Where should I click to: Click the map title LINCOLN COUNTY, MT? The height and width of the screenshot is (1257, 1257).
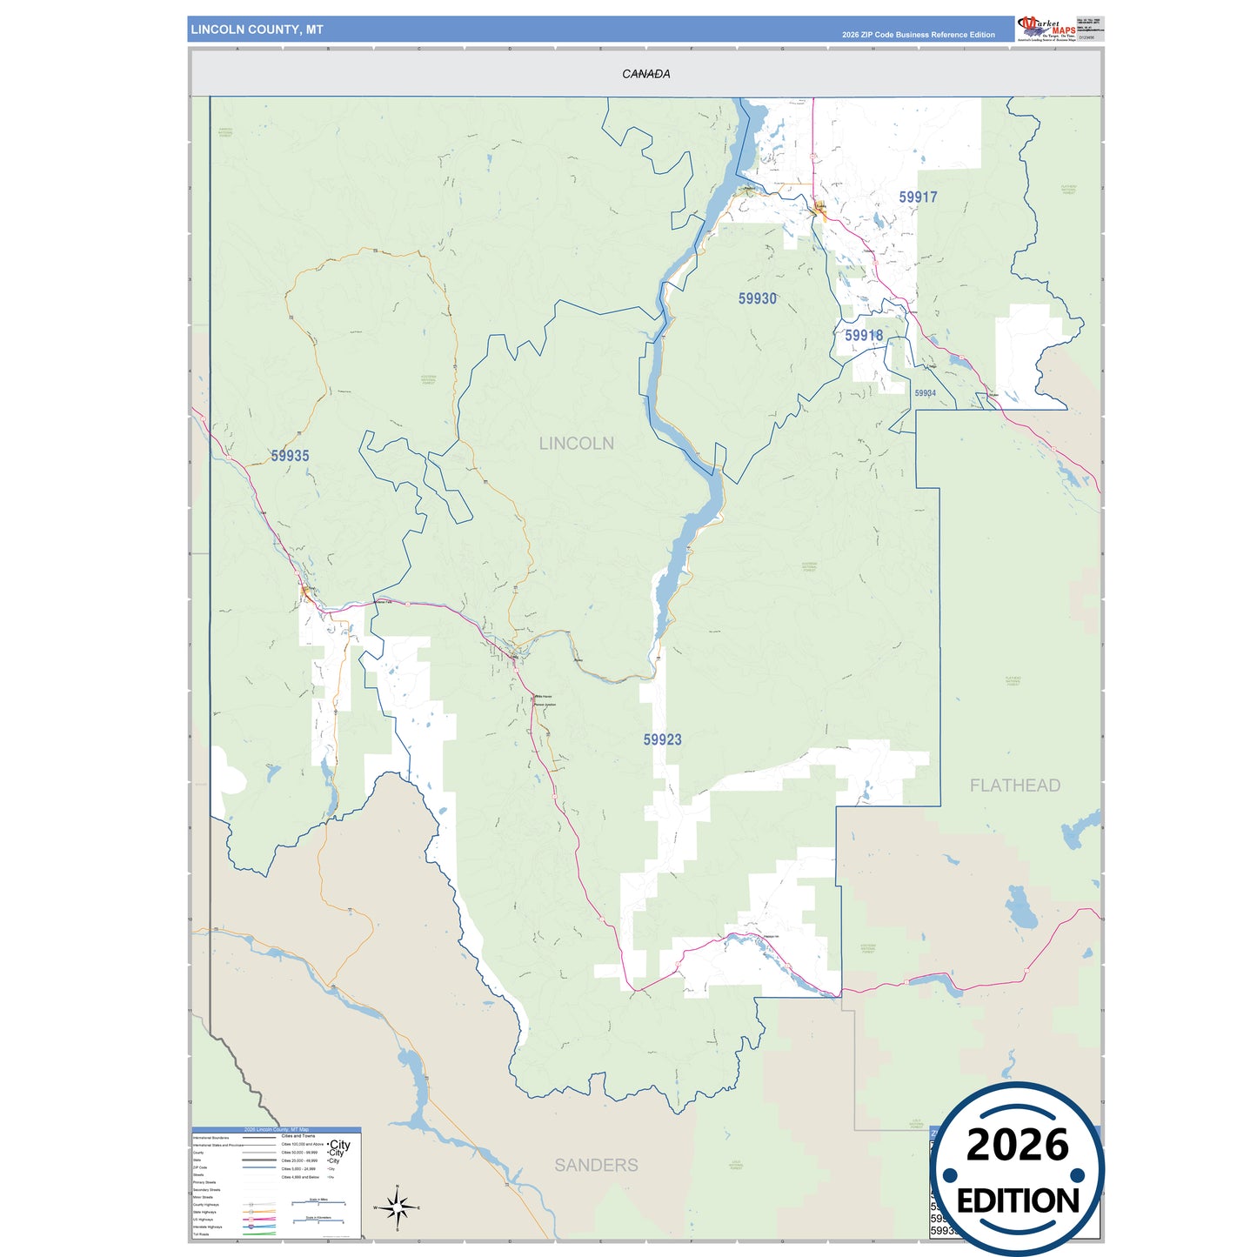pos(257,30)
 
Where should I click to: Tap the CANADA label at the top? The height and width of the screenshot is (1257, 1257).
pos(645,74)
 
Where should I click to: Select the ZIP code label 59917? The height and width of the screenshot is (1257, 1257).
pos(918,197)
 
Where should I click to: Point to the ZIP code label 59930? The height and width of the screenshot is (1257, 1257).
pos(757,298)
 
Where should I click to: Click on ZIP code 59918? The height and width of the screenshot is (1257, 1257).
pos(863,335)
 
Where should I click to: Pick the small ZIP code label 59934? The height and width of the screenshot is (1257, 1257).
pos(925,393)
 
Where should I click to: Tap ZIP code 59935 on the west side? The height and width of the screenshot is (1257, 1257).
pos(290,456)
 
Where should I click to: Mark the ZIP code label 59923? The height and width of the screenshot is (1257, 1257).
pos(662,739)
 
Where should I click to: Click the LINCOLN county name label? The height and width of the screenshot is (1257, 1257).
pos(576,444)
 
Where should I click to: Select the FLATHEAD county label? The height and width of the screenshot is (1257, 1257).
pos(1014,786)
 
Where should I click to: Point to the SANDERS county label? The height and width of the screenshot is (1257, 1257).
pos(596,1165)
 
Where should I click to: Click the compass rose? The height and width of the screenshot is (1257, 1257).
pos(397,1207)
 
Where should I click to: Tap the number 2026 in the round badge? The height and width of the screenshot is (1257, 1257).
pos(1017,1145)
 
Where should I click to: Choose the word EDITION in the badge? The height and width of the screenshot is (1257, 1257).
pos(1018,1201)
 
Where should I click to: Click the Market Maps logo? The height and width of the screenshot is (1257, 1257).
pos(1046,28)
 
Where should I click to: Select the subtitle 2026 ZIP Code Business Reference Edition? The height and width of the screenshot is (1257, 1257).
pos(918,35)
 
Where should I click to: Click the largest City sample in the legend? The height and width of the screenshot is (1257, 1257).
pos(339,1145)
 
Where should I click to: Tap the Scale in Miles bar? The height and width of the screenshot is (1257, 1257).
pos(318,1204)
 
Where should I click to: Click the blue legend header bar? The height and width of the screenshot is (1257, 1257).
pos(276,1129)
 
